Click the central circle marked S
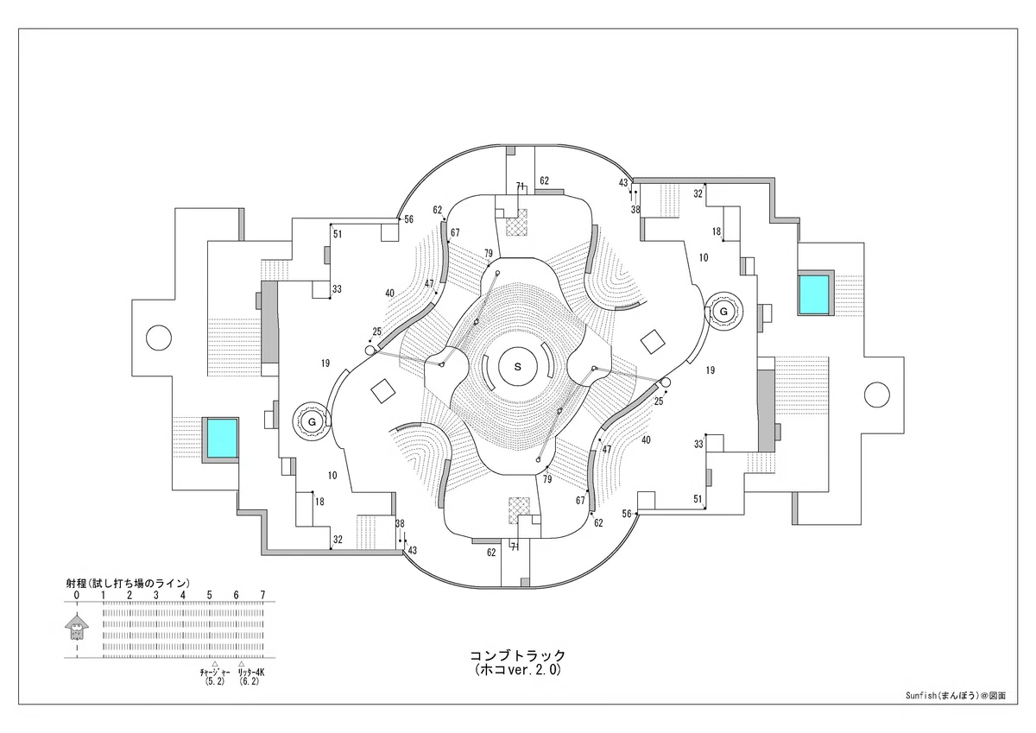tap(517, 366)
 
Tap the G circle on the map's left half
tap(313, 422)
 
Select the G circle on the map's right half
tap(723, 311)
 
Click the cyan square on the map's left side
tap(222, 438)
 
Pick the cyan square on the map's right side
tap(814, 294)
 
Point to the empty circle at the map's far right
tap(876, 395)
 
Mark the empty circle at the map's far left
tap(159, 338)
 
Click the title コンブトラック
tap(517, 655)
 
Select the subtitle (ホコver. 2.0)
tap(517, 670)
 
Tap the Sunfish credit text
tap(956, 696)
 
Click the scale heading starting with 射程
tap(128, 583)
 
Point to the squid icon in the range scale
tap(77, 627)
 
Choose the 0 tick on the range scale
tap(77, 595)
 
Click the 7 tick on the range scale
tap(262, 595)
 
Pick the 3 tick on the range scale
tap(156, 595)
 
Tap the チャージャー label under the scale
tap(215, 672)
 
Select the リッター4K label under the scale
tap(251, 672)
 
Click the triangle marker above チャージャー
tap(215, 664)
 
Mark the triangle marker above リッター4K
tap(241, 664)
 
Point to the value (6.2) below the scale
tap(250, 681)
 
